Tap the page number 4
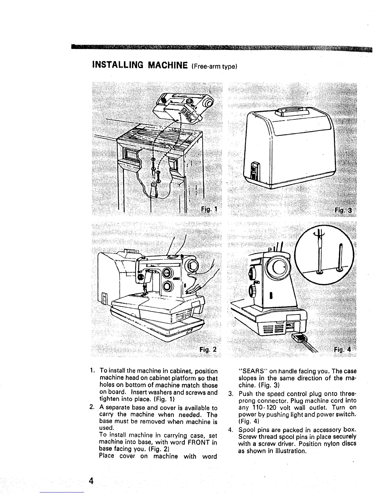91,480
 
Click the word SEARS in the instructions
252,372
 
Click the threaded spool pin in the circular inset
319,253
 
